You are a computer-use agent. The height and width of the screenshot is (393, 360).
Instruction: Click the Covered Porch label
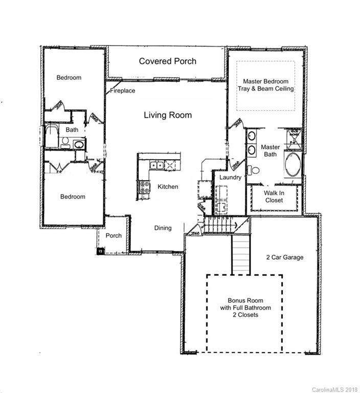pyautogui.click(x=168, y=61)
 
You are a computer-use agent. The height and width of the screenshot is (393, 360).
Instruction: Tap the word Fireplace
pyautogui.click(x=123, y=91)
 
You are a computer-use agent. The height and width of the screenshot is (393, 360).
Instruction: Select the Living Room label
pyautogui.click(x=168, y=115)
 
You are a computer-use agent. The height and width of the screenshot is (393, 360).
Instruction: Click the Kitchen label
pyautogui.click(x=168, y=187)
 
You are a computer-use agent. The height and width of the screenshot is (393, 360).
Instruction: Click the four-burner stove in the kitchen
pyautogui.click(x=145, y=187)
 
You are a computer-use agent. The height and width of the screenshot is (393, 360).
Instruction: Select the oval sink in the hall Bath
pyautogui.click(x=79, y=144)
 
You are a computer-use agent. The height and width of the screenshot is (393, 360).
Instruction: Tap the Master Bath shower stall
pyautogui.click(x=294, y=137)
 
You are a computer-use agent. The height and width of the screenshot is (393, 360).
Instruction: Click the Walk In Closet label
pyautogui.click(x=274, y=196)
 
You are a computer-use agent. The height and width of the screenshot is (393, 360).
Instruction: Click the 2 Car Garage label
pyautogui.click(x=285, y=257)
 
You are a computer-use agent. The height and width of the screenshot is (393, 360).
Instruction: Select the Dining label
pyautogui.click(x=163, y=228)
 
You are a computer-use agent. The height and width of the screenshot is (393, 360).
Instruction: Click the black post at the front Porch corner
pyautogui.click(x=100, y=251)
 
